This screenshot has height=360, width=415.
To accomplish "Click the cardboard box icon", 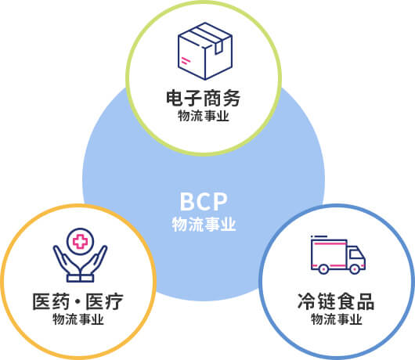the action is point(205,51).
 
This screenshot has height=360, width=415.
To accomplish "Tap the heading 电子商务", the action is point(204,99).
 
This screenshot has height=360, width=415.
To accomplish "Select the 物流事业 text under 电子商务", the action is point(204,116).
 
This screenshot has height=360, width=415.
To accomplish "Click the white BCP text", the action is point(204,202).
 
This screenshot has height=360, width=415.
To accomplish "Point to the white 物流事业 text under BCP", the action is point(204,225).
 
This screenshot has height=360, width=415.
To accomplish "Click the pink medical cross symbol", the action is point(80,241).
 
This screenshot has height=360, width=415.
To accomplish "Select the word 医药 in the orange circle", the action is point(51,301).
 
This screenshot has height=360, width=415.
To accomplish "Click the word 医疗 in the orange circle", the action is point(104,301).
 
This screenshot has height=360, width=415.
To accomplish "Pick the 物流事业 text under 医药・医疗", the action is point(78,319).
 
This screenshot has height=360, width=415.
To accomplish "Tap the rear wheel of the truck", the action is point(323,269).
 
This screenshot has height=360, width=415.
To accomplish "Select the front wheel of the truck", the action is point(355,269).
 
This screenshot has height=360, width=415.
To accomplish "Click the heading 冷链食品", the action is point(336,301).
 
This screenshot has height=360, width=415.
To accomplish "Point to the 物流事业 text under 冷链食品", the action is point(337,319).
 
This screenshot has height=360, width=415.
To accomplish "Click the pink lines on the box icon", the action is point(186,60).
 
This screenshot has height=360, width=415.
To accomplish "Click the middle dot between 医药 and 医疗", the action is point(78,302).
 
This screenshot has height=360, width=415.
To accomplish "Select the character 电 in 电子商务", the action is point(175,99).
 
